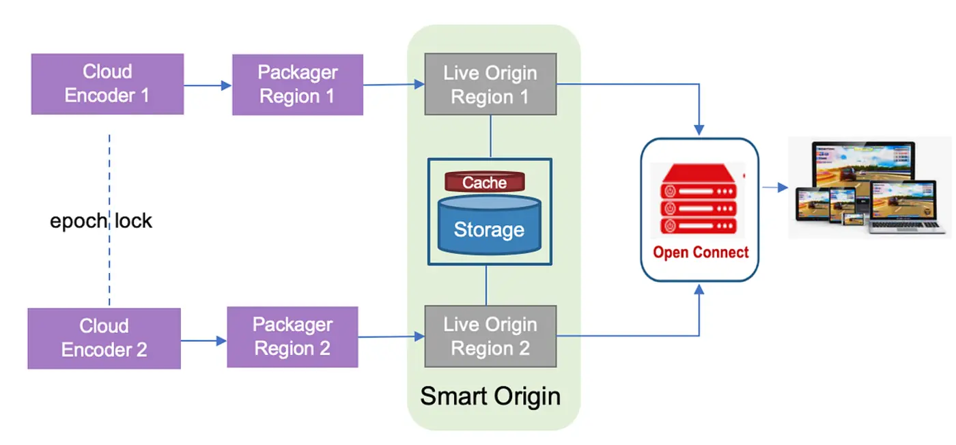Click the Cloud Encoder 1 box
coord(107,83)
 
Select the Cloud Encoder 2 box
coord(104,338)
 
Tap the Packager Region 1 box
coord(297,85)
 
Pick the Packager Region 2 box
coord(292,337)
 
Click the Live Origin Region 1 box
coord(490,85)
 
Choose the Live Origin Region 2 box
coord(490,336)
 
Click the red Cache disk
coord(485,182)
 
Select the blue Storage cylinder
coord(489,225)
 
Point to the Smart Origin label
coord(490,396)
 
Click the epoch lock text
coord(101,221)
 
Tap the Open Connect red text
coord(701,253)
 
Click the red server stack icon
coord(697,199)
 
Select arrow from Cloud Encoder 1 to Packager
coord(208,85)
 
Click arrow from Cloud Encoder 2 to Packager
coord(203,340)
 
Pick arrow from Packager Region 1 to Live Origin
coord(393,85)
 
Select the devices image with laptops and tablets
coord(869,188)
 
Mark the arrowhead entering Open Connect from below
coord(699,290)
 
